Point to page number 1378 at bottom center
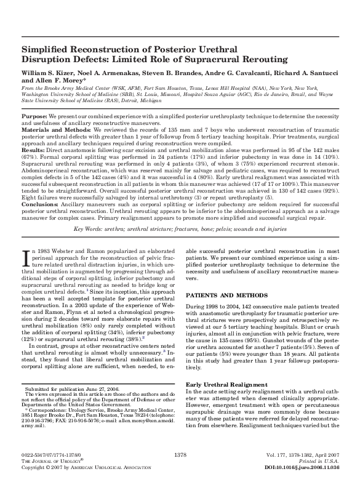point(180,454)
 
